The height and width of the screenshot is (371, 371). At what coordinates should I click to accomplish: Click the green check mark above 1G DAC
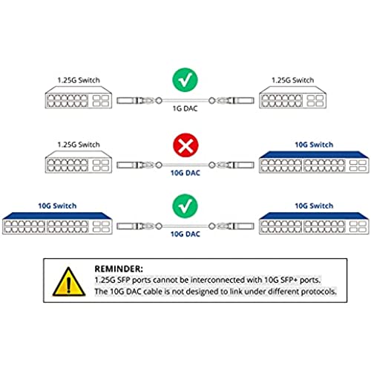click(185, 79)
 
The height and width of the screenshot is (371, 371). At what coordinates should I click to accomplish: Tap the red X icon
click(185, 145)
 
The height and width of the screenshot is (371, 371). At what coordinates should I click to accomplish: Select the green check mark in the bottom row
click(185, 206)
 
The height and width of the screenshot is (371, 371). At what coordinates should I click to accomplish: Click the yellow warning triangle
click(69, 282)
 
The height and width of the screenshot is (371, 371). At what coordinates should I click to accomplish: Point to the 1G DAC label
click(185, 108)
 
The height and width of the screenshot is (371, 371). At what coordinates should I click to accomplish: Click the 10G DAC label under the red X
click(185, 173)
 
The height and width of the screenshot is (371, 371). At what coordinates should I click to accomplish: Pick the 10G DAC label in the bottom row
click(185, 234)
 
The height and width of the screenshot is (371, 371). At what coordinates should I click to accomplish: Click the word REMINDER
click(119, 269)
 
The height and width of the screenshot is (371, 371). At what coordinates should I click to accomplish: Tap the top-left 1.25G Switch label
click(79, 80)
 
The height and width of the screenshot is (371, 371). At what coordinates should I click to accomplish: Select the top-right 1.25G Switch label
click(292, 80)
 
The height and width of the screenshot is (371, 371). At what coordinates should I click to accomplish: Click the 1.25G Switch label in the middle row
click(79, 145)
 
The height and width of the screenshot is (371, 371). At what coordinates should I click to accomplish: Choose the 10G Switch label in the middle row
click(314, 145)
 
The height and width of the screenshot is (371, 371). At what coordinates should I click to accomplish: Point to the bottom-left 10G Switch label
click(57, 206)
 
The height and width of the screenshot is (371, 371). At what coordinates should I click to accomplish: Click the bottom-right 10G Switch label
click(314, 206)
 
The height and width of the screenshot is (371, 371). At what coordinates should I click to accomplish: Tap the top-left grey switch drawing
click(79, 97)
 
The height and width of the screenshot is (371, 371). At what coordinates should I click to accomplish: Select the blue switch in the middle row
click(314, 162)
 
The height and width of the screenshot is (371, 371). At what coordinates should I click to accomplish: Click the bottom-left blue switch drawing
click(57, 223)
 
